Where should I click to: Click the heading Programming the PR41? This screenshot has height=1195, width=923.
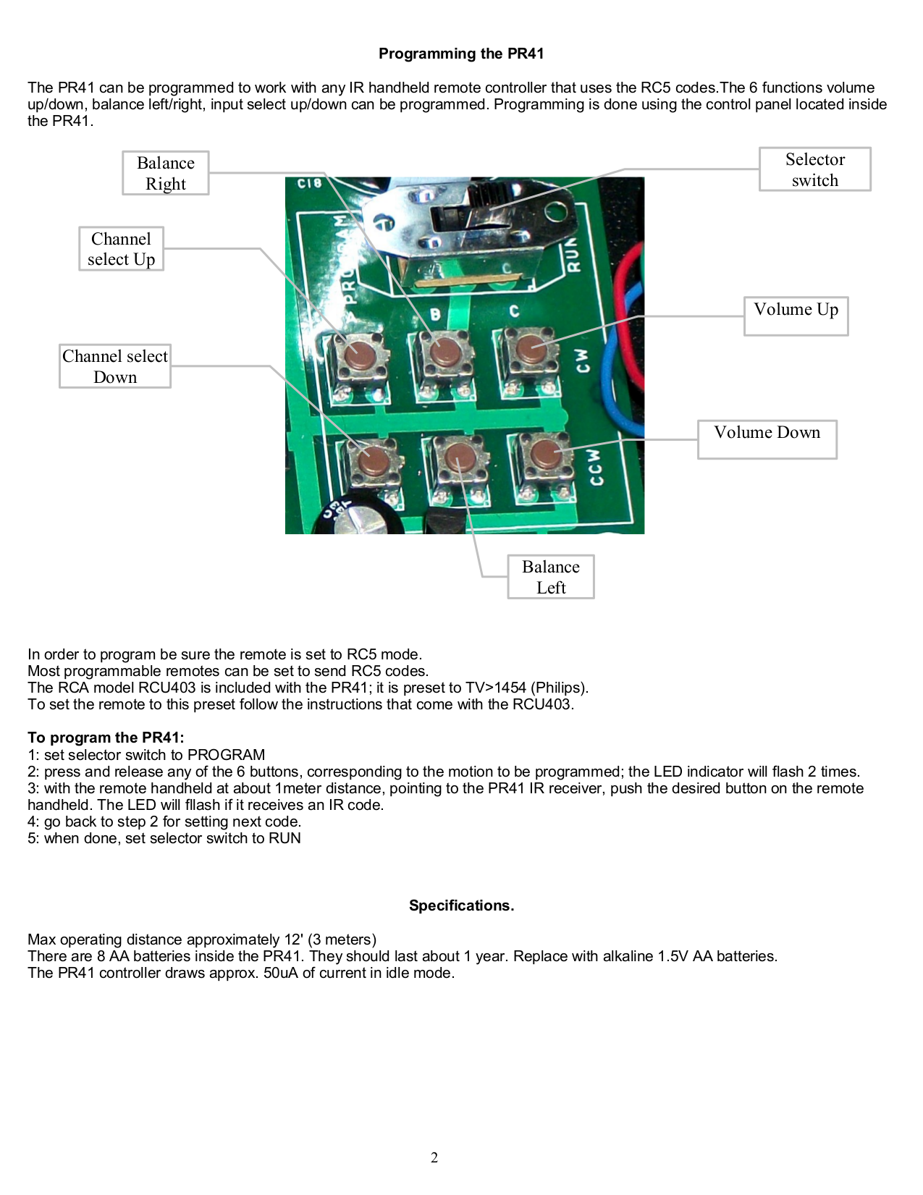point(461,54)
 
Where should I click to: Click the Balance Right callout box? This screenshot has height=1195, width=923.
point(166,173)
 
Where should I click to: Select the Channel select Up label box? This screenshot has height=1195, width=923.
point(121,249)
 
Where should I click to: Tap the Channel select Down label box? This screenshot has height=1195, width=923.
point(115,366)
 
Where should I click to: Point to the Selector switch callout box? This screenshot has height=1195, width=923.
point(814,169)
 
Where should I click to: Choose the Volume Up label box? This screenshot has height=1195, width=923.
point(796,316)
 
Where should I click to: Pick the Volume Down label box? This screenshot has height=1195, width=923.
point(767,439)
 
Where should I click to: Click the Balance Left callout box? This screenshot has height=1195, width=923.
point(550,577)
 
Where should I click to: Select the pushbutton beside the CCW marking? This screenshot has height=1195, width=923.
point(543,455)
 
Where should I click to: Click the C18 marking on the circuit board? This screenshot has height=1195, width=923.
point(310,183)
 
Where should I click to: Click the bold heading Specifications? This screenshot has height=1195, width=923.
point(461,905)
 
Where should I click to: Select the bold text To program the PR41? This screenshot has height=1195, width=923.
point(106,738)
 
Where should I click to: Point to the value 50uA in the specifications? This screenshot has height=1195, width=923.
point(280,973)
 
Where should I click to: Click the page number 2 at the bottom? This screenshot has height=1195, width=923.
point(434,1157)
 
